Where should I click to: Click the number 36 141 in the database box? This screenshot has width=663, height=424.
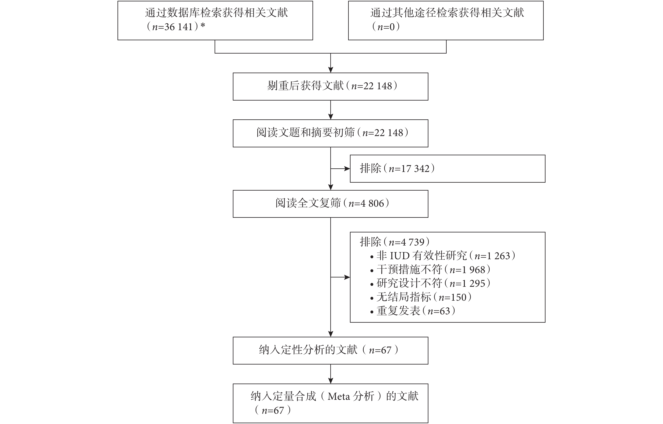178,27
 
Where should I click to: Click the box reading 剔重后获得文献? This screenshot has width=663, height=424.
330,86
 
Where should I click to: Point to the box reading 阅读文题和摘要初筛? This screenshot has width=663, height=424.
330,133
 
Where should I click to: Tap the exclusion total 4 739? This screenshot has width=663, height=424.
413,242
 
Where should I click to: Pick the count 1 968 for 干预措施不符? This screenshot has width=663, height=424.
474,270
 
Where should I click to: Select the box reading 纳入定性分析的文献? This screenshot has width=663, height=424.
330,351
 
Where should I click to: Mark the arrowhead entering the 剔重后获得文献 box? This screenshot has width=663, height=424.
331,70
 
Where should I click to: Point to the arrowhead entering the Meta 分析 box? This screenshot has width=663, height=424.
331,381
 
